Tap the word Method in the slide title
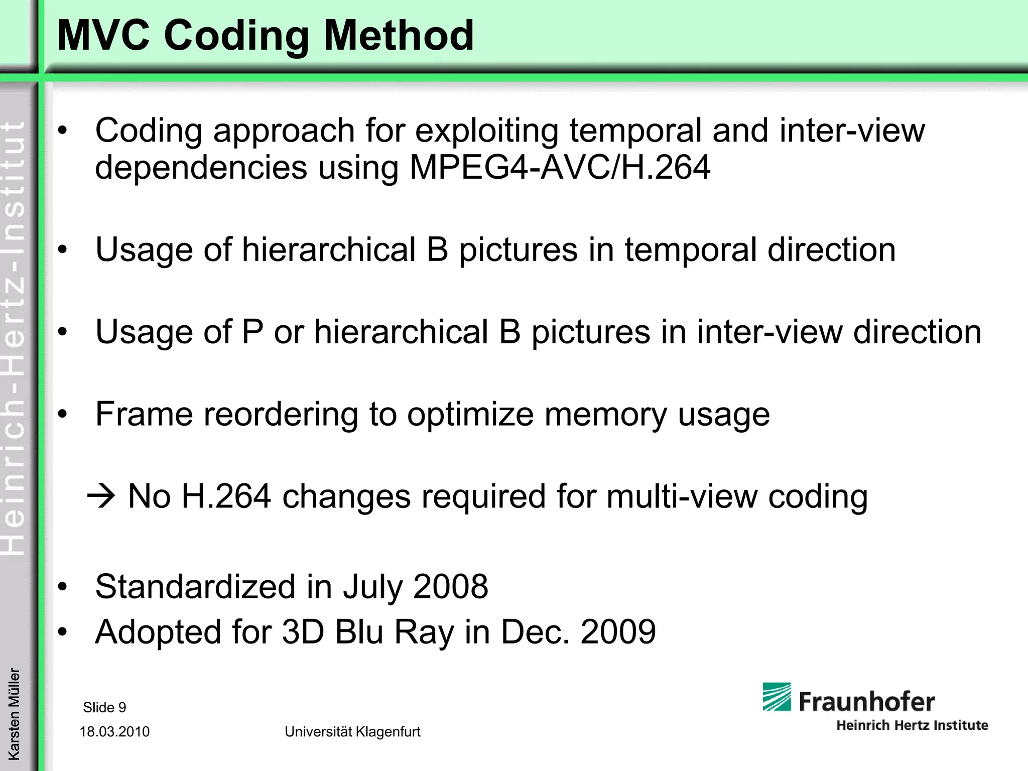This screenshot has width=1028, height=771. [399, 36]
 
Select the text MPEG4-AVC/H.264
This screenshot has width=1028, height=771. [560, 167]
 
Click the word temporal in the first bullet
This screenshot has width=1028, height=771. [635, 131]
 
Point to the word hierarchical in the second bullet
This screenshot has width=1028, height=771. [329, 249]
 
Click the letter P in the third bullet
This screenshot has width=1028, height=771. [252, 332]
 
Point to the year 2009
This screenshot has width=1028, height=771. [618, 631]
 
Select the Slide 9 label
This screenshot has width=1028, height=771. [104, 707]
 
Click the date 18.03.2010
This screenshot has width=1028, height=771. [114, 732]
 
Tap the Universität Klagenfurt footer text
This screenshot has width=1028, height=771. [352, 732]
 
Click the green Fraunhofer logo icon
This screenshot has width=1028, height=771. [777, 697]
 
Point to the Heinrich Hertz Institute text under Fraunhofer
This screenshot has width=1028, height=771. [912, 725]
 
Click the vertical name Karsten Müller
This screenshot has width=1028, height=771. [14, 713]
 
